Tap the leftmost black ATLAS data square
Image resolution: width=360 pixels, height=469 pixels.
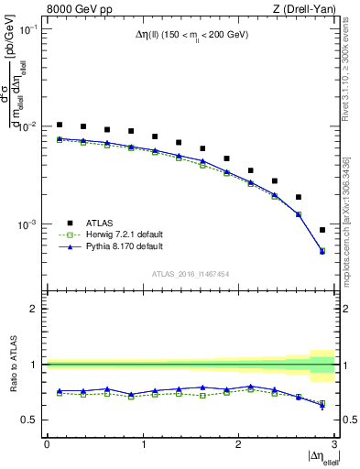point(60,125)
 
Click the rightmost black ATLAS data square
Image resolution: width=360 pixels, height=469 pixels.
point(322,230)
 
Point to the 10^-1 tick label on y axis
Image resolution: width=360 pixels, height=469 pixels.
point(29,29)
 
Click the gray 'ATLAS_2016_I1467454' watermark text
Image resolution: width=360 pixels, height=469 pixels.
point(190,274)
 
